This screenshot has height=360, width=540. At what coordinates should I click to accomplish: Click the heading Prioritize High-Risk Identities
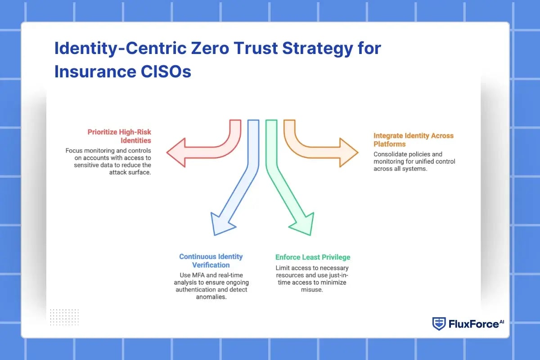tap(119, 136)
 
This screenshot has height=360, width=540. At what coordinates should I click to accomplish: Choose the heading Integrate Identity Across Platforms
tap(413, 139)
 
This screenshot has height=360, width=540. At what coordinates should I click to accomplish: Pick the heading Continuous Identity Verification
tap(211, 261)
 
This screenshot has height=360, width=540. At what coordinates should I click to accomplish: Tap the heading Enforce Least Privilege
tap(313, 257)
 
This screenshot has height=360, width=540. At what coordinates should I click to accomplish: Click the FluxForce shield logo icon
tap(439, 324)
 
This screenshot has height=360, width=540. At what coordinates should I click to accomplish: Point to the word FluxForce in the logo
tap(472, 324)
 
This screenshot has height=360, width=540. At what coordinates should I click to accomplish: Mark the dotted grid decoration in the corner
tap(64, 317)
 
